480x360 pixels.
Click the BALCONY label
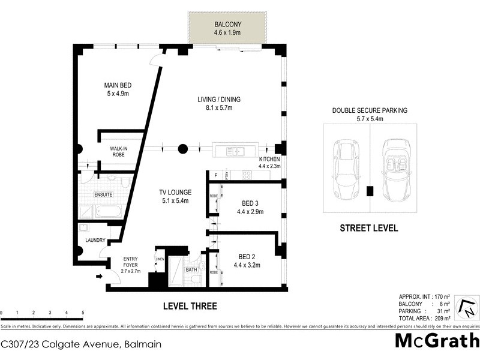click(x=227, y=25)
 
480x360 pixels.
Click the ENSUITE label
click(x=103, y=195)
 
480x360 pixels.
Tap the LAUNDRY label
click(x=95, y=241)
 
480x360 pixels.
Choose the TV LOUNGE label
click(x=175, y=193)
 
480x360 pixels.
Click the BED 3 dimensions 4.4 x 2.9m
click(x=250, y=211)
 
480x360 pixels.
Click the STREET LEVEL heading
click(x=368, y=228)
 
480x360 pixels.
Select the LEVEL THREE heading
click(x=190, y=306)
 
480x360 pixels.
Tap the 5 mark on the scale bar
click(x=82, y=313)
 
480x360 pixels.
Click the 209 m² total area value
click(x=443, y=319)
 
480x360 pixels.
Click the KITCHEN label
click(x=269, y=159)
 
